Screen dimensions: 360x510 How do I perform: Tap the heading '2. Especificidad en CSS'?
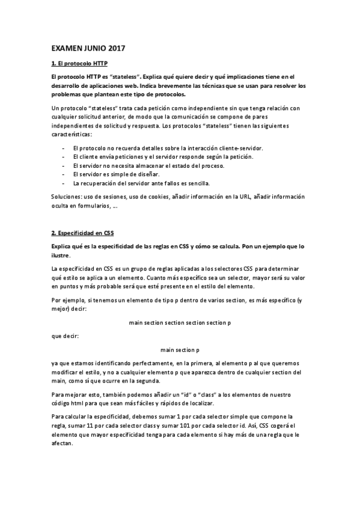pyautogui.click(x=82, y=232)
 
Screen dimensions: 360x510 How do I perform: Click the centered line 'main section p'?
pyautogui.click(x=180, y=349)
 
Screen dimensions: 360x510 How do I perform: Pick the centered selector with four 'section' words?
pyautogui.click(x=180, y=322)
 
